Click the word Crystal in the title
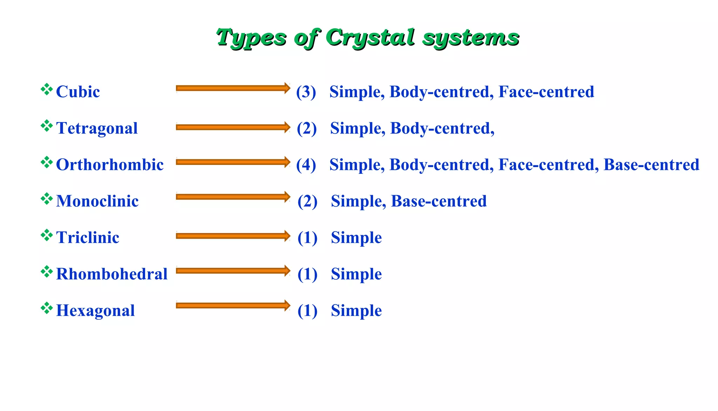[x=370, y=38]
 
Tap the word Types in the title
[x=251, y=38]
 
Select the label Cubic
[x=78, y=92]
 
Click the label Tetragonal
[x=97, y=128]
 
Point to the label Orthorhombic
[x=110, y=165]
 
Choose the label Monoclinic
[x=97, y=201]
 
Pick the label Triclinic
[x=88, y=238]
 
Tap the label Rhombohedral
[x=112, y=274]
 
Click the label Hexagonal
[x=95, y=311]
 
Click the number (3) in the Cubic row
[x=306, y=92]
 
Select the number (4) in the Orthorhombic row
[x=306, y=165]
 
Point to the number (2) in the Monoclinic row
[x=307, y=201]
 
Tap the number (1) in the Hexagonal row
[x=307, y=311]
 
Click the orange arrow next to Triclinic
[x=233, y=236]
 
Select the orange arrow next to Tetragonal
[x=233, y=127]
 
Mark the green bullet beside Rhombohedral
[x=47, y=272]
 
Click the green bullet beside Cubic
[x=47, y=90]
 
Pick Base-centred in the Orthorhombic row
[x=651, y=165]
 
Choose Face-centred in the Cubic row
[x=546, y=92]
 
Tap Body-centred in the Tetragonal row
[x=440, y=128]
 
